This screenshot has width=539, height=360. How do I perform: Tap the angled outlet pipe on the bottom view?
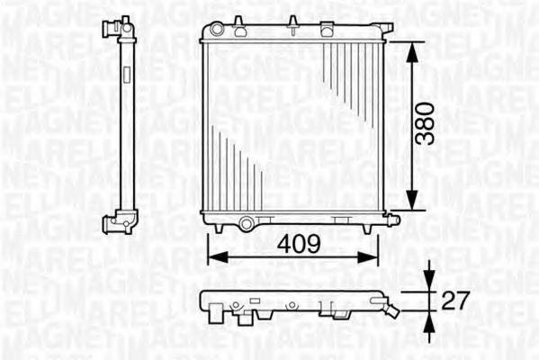391,310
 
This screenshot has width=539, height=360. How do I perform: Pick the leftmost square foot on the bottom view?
218,313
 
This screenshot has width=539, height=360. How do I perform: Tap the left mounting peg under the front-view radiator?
212,230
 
